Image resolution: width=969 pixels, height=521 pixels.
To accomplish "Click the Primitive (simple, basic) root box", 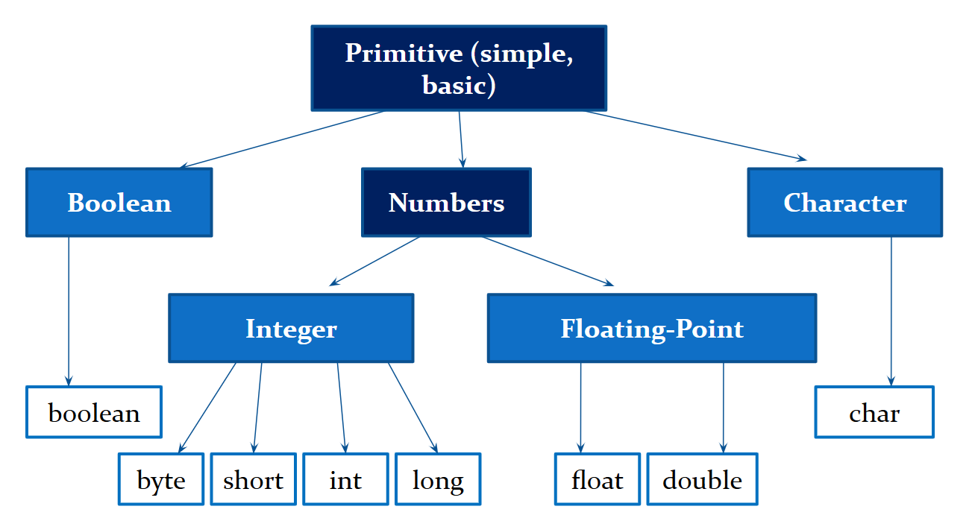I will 458,68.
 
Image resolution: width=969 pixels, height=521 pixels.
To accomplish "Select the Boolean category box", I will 119,203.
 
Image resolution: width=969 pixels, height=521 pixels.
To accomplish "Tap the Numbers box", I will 446,203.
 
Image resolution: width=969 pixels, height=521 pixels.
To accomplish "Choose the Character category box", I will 844,203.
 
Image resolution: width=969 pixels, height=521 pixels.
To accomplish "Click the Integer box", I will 291,329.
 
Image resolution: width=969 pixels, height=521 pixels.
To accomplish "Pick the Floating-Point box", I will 651,329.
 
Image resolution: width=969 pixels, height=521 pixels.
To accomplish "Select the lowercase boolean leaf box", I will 94,412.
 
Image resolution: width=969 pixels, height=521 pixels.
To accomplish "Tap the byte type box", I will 161,479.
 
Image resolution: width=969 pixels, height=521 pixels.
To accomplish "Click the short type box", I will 253,479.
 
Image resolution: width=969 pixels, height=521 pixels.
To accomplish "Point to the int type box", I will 345,479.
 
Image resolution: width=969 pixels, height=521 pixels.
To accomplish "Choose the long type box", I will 438,479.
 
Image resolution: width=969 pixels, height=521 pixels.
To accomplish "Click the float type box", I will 597,479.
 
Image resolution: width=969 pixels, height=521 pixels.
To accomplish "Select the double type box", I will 702,479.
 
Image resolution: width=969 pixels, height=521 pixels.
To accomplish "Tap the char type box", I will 874,412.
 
